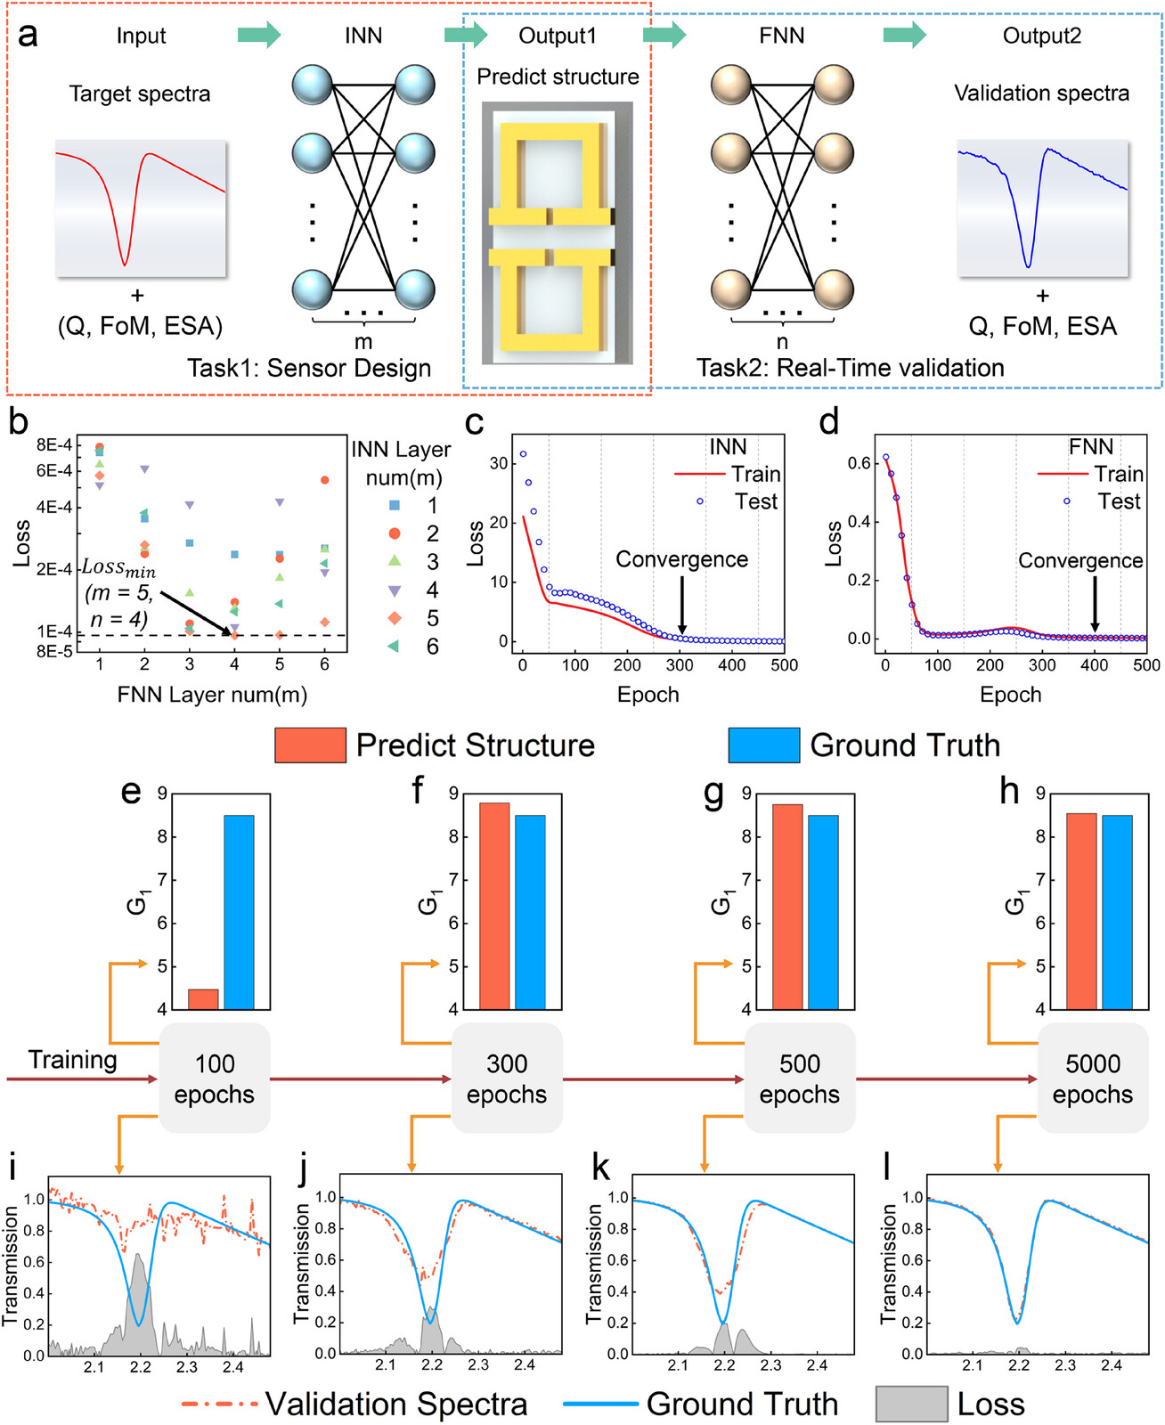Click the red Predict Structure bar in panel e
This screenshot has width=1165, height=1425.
click(x=203, y=998)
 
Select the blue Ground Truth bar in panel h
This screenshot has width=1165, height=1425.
click(x=1117, y=912)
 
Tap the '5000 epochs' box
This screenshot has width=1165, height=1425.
click(x=1093, y=1079)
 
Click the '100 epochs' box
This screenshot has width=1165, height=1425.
click(x=215, y=1079)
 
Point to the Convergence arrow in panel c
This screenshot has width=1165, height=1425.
click(x=682, y=606)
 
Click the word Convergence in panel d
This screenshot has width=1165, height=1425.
click(x=1080, y=560)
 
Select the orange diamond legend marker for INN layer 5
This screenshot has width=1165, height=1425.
click(x=395, y=618)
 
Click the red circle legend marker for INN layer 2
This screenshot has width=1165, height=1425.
click(x=395, y=533)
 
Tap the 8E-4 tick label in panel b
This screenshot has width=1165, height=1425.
click(x=54, y=445)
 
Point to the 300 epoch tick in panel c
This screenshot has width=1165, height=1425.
click(x=680, y=664)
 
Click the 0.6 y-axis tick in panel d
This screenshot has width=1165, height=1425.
click(x=858, y=463)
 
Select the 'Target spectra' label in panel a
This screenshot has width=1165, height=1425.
click(x=140, y=94)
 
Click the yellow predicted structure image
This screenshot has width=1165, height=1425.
click(x=558, y=232)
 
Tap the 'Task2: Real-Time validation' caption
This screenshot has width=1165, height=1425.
click(x=850, y=368)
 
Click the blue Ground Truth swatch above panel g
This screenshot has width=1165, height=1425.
click(x=763, y=745)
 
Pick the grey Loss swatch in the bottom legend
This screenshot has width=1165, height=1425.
click(x=911, y=1405)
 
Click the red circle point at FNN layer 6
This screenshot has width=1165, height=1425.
click(x=325, y=480)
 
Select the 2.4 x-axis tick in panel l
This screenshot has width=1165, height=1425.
click(x=1112, y=1365)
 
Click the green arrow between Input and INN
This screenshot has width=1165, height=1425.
click(x=259, y=36)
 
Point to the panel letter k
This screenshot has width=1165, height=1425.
click(x=602, y=1168)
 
